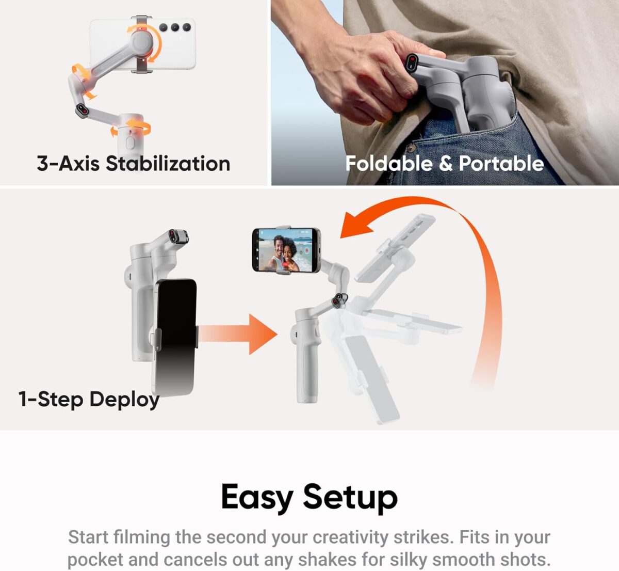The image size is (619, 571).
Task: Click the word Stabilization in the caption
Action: coord(168,164)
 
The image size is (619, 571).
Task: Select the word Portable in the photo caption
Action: coord(501,164)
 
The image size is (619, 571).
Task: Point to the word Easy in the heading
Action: coord(256,497)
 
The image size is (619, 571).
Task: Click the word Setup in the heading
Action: coord(350,497)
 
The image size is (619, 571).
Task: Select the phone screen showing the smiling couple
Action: coord(284,250)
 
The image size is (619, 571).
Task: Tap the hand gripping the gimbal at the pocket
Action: coord(361,72)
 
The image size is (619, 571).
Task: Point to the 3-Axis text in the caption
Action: coord(68,164)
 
